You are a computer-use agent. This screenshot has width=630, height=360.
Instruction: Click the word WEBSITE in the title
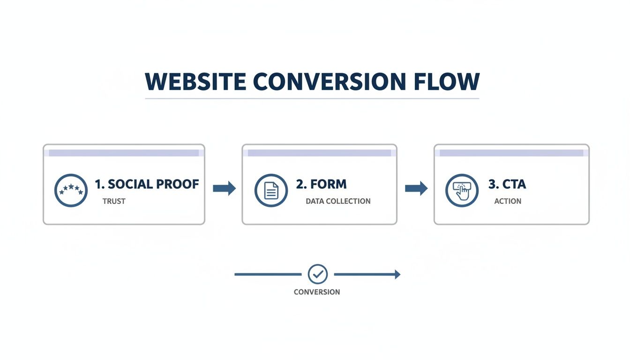point(195,82)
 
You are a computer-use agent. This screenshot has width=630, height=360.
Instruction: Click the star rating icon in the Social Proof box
point(71,190)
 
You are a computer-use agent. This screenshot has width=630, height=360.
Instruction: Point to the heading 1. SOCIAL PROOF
point(147,184)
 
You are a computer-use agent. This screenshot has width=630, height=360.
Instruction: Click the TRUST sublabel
point(114,201)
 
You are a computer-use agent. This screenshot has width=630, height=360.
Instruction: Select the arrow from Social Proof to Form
point(224,188)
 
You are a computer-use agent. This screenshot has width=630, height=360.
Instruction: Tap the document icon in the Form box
point(271,190)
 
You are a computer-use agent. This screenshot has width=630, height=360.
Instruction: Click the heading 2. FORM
point(321,184)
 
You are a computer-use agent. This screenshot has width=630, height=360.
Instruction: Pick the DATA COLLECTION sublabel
point(338,201)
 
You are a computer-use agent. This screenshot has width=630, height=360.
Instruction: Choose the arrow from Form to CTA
point(416,188)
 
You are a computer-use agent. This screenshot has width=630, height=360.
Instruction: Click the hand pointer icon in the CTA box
point(462,190)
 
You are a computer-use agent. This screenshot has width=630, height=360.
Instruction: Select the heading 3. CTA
point(507,184)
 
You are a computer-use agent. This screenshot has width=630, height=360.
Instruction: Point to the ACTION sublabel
point(508,201)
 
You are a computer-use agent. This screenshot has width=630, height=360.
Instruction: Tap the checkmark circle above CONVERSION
point(318,274)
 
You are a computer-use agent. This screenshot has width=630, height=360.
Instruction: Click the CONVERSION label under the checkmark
point(317,292)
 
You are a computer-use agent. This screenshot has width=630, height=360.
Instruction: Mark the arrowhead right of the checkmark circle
point(397,274)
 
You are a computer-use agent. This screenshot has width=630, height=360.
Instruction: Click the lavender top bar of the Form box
point(319,153)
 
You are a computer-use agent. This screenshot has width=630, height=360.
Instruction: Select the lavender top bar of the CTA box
point(511,153)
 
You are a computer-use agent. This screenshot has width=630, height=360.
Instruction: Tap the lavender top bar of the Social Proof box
point(124,153)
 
